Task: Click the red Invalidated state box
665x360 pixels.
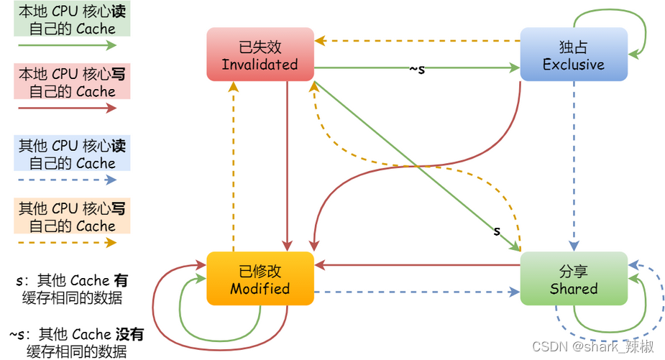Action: click(x=260, y=55)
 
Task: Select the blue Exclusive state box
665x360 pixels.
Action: click(x=573, y=55)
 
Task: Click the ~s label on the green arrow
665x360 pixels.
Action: click(x=417, y=69)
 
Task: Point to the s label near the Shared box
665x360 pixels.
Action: click(x=496, y=231)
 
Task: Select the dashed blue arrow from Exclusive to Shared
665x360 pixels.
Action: click(x=574, y=165)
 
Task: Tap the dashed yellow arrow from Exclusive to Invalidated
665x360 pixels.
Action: click(x=417, y=41)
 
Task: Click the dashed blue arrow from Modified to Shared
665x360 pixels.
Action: click(x=417, y=292)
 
